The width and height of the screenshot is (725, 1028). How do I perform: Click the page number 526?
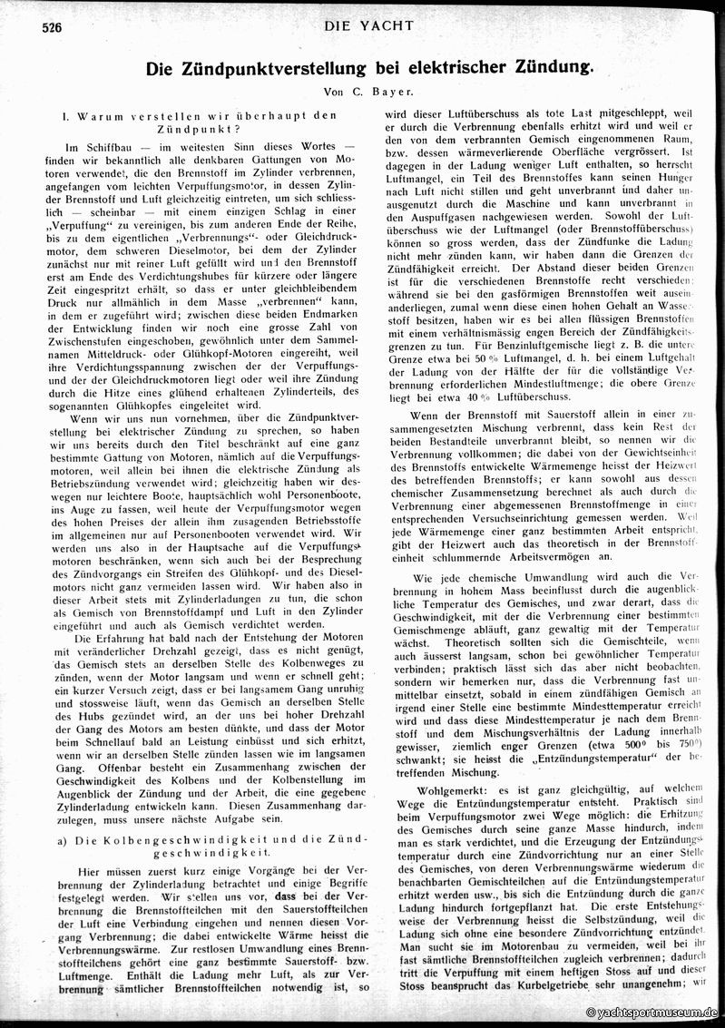pos(51,28)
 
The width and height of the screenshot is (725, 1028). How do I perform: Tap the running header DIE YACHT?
pos(367,26)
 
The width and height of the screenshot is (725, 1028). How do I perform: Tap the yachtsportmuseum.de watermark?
pos(652,1012)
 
